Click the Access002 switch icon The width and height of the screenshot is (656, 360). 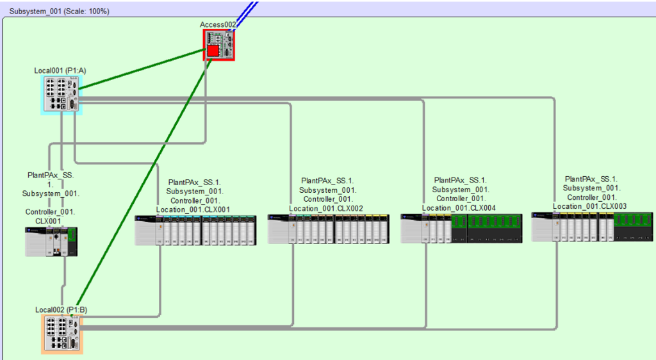220,44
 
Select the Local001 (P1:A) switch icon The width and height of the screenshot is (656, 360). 62,94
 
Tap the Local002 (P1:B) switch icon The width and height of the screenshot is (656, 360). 62,332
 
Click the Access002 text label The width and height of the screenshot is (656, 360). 218,24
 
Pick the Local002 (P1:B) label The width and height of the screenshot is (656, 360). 61,310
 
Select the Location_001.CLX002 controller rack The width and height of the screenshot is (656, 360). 327,229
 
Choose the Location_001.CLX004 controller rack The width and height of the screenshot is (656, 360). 461,228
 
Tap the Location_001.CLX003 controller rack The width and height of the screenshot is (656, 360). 593,227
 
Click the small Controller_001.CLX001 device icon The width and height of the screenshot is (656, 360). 51,242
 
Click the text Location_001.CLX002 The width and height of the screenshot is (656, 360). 326,208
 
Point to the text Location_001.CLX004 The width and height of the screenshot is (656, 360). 459,208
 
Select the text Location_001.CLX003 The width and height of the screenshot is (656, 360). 590,206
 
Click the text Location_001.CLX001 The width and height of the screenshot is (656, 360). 193,209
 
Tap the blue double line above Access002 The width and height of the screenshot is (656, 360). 247,10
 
